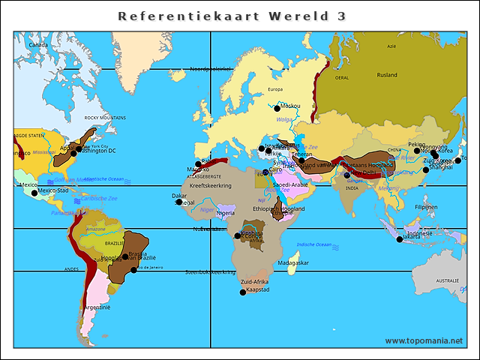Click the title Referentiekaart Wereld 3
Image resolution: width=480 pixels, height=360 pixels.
(x=232, y=16)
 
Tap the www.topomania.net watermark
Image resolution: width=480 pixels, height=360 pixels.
(x=425, y=340)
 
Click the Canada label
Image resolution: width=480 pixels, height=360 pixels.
(x=38, y=45)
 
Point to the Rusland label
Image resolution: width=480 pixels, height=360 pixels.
(x=387, y=75)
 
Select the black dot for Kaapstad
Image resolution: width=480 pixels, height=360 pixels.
(x=242, y=292)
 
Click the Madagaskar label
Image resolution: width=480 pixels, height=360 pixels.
(x=292, y=263)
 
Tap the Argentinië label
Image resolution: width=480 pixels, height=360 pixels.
(x=97, y=307)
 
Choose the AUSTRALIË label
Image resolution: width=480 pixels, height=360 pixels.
(x=447, y=280)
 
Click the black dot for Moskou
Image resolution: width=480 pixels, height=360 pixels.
(x=277, y=108)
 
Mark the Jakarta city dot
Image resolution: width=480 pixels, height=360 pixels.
(x=400, y=239)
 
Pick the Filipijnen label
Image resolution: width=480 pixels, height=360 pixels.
(x=426, y=207)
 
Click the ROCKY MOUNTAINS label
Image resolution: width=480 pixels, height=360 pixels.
(x=105, y=118)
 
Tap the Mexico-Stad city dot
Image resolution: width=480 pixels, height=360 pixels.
(x=34, y=193)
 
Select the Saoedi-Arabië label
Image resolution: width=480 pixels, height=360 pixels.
(x=290, y=184)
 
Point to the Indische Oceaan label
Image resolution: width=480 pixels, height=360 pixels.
(x=313, y=244)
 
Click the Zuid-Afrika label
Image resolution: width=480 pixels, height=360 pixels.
(x=254, y=281)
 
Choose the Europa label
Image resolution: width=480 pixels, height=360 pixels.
(x=275, y=90)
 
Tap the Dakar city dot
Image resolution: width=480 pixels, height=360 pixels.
(x=179, y=202)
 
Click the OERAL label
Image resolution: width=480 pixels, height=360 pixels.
(x=342, y=77)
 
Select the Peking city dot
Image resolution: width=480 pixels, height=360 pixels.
(x=417, y=151)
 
